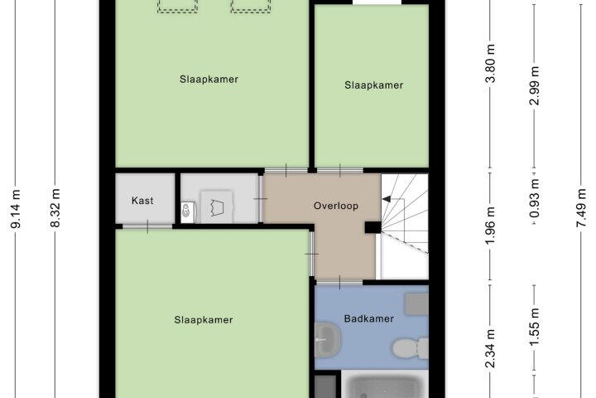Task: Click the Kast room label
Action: (x=142, y=201)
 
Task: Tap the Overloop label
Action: (x=336, y=206)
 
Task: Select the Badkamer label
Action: (x=369, y=318)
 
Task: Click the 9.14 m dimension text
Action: (x=16, y=209)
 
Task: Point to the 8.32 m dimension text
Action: (x=55, y=208)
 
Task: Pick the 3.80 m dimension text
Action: (x=491, y=63)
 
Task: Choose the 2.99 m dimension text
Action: (x=536, y=85)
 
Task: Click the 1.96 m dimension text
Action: (x=491, y=226)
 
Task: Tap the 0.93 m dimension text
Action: (x=536, y=198)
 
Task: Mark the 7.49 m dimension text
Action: (x=582, y=208)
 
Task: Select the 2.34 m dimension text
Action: (x=491, y=349)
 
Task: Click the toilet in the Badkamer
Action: (x=410, y=347)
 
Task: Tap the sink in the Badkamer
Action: (x=327, y=339)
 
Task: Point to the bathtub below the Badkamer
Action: (x=385, y=386)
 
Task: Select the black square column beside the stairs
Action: (x=372, y=227)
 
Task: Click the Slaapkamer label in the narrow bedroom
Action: (x=373, y=85)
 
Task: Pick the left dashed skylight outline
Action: (x=177, y=7)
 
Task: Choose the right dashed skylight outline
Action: (x=251, y=7)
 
